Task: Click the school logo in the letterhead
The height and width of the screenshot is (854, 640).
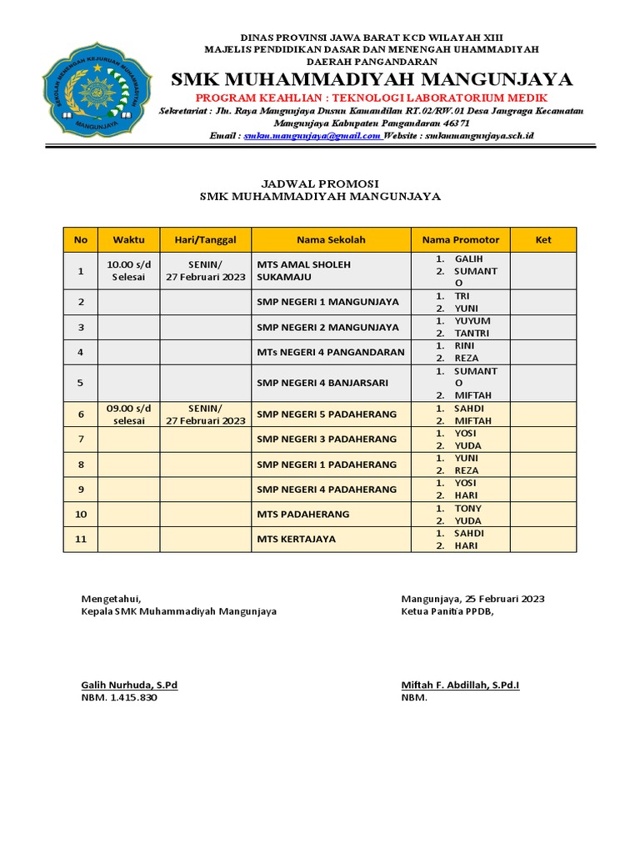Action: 97,93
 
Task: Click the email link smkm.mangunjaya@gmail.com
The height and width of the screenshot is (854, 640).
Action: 312,135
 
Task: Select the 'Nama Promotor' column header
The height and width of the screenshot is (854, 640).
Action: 461,239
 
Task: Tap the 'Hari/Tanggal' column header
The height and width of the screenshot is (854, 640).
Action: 206,239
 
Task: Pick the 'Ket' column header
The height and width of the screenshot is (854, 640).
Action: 543,239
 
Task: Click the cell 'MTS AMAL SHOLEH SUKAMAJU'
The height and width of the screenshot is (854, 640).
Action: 304,271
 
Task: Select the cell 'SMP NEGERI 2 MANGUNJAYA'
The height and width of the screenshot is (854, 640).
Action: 328,327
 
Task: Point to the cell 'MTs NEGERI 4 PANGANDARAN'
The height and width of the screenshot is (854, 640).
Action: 331,352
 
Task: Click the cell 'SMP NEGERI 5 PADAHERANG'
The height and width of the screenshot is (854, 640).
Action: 327,414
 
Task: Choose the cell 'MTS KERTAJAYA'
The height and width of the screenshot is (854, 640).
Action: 297,539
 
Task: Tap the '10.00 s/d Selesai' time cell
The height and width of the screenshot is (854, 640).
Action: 128,271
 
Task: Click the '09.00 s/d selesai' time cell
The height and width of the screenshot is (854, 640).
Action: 128,414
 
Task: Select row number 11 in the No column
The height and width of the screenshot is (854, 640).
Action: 81,539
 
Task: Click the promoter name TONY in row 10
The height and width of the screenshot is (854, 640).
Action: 467,509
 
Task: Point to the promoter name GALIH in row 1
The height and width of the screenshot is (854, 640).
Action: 468,259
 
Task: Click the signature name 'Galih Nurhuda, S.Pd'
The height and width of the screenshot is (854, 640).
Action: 129,686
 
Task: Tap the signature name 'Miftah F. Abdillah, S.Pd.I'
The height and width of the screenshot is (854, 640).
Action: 460,686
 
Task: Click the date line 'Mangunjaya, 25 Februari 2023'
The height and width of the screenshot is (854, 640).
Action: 472,599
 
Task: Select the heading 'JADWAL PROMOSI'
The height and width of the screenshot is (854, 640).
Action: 320,183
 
